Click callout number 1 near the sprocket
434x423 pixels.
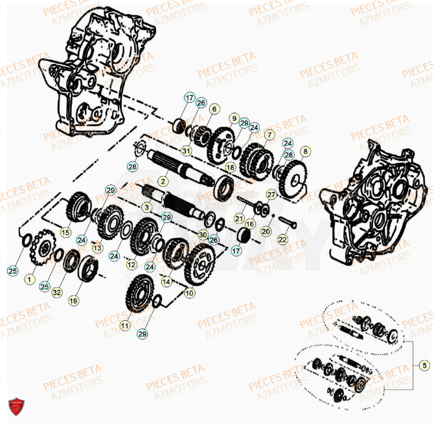tap(29, 279)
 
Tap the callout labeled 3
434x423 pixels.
tap(147, 208)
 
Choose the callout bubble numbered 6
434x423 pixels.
tap(213, 109)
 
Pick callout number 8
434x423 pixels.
tap(306, 151)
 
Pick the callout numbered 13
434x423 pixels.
tap(97, 248)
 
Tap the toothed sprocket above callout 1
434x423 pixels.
tap(44, 250)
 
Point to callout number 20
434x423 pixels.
tap(266, 231)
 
